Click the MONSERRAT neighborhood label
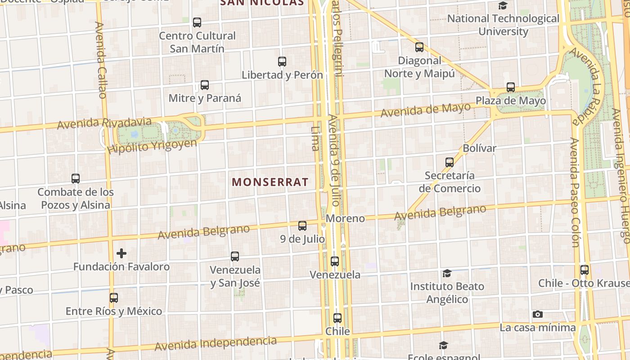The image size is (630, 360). click(x=270, y=182)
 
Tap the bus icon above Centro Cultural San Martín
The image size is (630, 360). click(x=197, y=22)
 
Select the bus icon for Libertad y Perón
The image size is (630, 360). click(x=282, y=62)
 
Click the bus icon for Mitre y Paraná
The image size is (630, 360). click(x=205, y=85)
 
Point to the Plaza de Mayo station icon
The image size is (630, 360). click(x=510, y=87)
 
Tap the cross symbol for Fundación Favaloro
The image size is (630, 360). click(x=121, y=253)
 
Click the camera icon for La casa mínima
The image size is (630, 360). click(x=537, y=314)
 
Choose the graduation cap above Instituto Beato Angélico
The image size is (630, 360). click(x=447, y=273)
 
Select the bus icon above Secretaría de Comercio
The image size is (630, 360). click(x=449, y=162)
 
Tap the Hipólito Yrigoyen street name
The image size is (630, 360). click(x=153, y=146)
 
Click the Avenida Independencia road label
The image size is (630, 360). click(x=216, y=343)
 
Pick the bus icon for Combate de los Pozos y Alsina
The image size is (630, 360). click(x=76, y=179)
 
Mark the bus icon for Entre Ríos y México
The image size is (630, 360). click(x=114, y=298)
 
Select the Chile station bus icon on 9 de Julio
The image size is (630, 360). click(x=337, y=318)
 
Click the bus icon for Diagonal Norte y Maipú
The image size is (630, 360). click(x=419, y=47)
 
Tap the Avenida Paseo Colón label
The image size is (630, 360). click(x=574, y=193)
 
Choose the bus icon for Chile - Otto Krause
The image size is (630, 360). click(x=584, y=270)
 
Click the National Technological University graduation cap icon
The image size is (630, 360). click(x=503, y=5)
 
